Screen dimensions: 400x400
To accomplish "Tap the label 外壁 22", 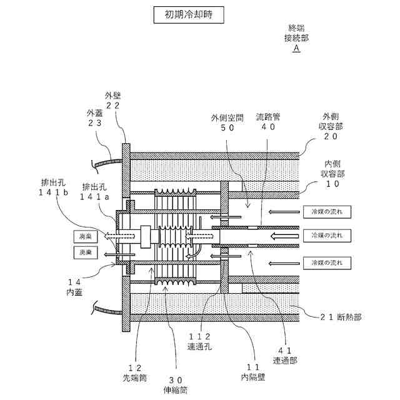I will [x=113, y=101].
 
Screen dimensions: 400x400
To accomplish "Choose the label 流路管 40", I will [x=268, y=122].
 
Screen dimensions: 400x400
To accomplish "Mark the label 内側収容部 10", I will [x=330, y=173].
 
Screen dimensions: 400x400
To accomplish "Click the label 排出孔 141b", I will [x=54, y=188].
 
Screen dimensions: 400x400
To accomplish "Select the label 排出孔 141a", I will [x=95, y=192].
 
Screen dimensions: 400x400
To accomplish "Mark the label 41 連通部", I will [x=284, y=356].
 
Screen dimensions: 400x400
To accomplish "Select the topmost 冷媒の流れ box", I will [x=322, y=211].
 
